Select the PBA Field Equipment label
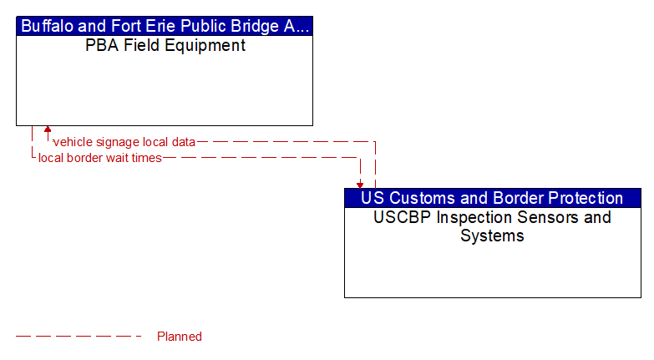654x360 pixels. point(165,46)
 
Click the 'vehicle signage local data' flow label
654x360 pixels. point(124,142)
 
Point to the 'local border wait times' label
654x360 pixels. point(99,158)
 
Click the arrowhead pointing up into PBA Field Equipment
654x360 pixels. point(48,129)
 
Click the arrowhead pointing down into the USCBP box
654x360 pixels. point(360,184)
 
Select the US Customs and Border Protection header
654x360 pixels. point(492,198)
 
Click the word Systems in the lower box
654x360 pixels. point(492,236)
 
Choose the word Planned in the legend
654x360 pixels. point(180,337)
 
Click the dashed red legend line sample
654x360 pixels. point(79,337)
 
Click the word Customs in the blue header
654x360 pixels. point(418,198)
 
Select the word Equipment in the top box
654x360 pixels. point(204,46)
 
